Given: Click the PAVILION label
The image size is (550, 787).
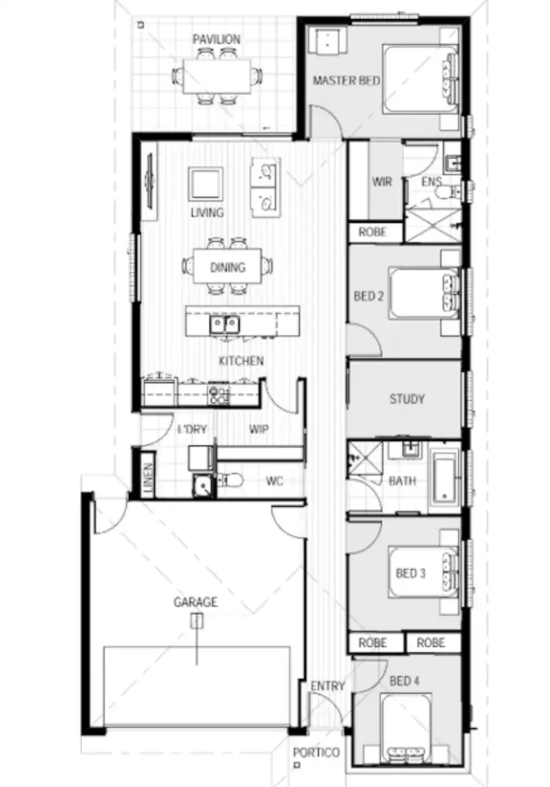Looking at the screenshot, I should click(x=216, y=39).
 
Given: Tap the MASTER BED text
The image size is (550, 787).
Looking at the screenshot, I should click(x=346, y=80).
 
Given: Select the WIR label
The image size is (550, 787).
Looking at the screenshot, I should click(x=382, y=183).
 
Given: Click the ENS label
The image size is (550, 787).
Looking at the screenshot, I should click(x=430, y=183).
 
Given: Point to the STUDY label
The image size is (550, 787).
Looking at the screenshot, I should click(x=407, y=400).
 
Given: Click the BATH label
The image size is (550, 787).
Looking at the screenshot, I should click(x=402, y=481).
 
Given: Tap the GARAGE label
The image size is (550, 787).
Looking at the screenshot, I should click(x=195, y=603).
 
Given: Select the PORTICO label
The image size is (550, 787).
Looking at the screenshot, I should click(x=316, y=753).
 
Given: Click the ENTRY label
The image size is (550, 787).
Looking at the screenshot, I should click(x=327, y=686).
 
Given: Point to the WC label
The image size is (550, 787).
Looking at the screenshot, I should click(x=274, y=482).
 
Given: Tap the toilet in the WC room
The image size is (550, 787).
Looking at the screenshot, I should click(x=230, y=481).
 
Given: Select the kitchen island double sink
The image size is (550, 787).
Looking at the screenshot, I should click(x=224, y=323).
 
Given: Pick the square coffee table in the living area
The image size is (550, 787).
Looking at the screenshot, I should click(x=205, y=183).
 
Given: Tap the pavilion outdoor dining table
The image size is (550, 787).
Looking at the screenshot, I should click(x=216, y=76).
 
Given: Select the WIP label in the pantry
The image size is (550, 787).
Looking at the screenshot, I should click(x=258, y=429).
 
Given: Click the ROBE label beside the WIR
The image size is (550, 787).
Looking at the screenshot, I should click(x=374, y=233).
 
